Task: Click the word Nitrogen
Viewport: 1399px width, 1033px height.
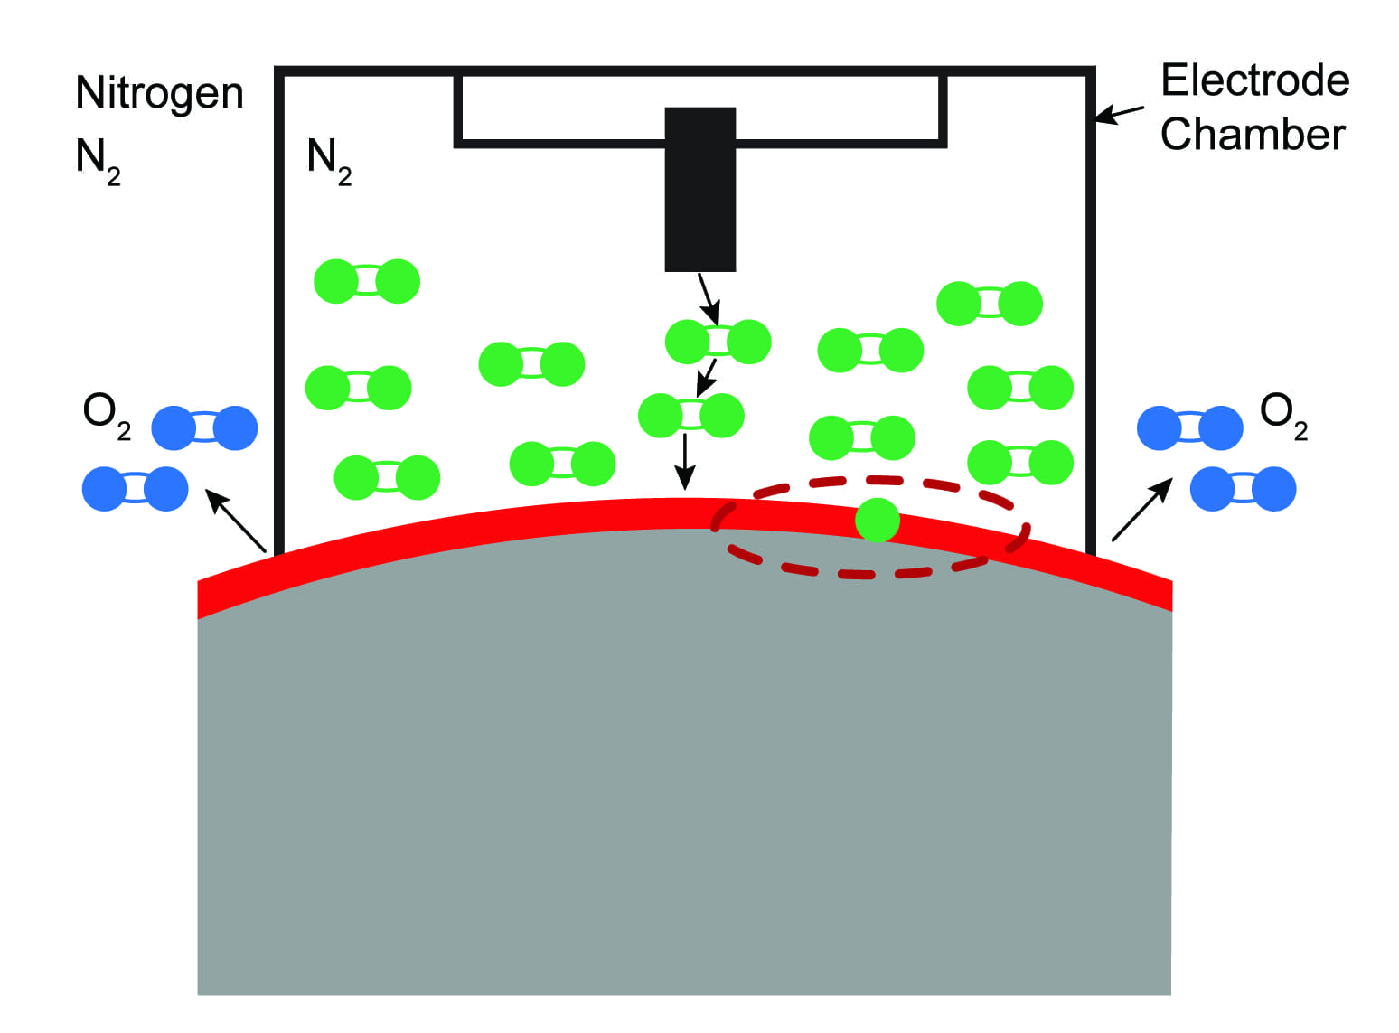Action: point(160,94)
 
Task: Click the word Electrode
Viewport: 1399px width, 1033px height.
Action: point(1254,81)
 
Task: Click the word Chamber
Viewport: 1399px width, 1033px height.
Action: point(1253,135)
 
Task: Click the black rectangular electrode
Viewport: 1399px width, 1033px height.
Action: point(700,190)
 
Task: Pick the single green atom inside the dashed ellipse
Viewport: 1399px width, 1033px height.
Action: point(877,520)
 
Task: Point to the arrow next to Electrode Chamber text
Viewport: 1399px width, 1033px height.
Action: point(1119,113)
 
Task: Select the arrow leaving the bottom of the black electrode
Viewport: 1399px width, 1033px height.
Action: point(708,298)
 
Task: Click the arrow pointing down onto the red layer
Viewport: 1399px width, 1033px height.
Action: point(685,461)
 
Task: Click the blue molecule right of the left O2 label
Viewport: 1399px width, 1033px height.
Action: point(204,428)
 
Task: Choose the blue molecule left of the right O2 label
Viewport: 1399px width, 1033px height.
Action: point(1189,428)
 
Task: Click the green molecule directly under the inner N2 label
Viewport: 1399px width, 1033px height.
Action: point(367,281)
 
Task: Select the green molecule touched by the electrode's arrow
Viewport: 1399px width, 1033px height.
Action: point(718,343)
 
